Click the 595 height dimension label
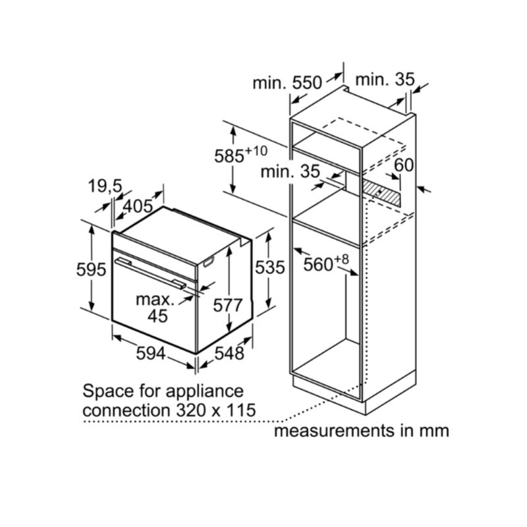point(91,269)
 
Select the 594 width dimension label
point(151,354)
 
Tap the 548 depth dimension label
point(229,354)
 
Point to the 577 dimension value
point(227,306)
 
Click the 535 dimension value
point(270,268)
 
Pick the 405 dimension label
point(138,206)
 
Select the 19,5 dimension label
point(105,186)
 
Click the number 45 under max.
point(157,316)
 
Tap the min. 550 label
point(287,83)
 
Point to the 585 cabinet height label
point(229,156)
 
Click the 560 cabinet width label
point(318,265)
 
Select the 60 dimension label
point(404,165)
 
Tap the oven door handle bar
point(150,273)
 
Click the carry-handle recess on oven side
point(208,262)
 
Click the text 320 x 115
point(216,410)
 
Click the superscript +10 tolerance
point(256,151)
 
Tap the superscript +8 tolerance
point(341,260)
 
